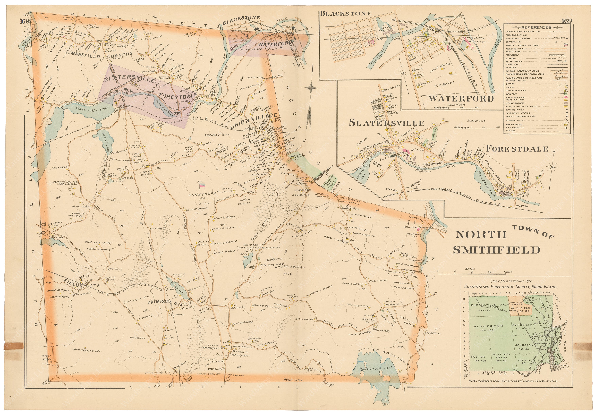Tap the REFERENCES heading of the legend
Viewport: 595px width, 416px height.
click(536, 27)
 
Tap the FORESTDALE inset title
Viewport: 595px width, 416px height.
click(517, 149)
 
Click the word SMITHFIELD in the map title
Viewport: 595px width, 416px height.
click(496, 250)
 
